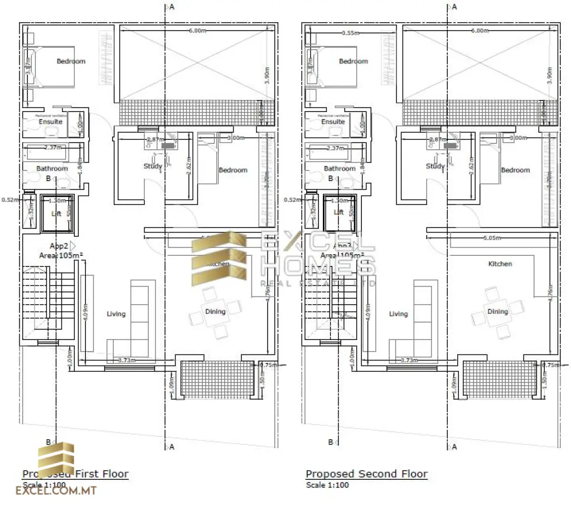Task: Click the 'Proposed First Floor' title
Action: [75, 474]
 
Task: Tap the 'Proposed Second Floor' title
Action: [366, 474]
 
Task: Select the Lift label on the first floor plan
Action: [56, 212]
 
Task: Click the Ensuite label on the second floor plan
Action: [333, 121]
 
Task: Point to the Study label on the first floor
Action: [153, 166]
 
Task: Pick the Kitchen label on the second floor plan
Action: [500, 264]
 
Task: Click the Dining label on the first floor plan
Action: [215, 312]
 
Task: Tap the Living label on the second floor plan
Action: [398, 314]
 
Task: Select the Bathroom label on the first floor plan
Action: [52, 168]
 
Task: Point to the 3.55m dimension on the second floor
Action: [350, 33]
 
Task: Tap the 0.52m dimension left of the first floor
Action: [10, 200]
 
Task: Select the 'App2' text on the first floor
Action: [59, 245]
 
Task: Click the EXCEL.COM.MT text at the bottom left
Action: [56, 492]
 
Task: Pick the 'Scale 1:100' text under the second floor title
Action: [327, 485]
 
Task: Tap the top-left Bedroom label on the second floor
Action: [354, 61]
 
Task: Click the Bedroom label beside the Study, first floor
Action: [233, 170]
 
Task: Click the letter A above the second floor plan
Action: [454, 7]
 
